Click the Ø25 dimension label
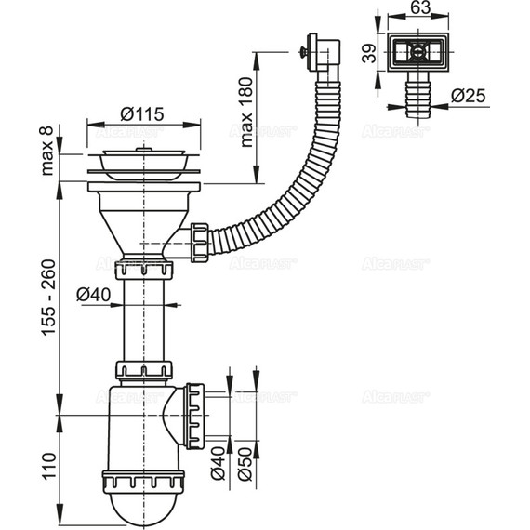[x=469, y=95]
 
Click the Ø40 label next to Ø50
[x=218, y=462]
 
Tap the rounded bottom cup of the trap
[x=144, y=502]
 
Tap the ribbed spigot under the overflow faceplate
[x=418, y=94]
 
